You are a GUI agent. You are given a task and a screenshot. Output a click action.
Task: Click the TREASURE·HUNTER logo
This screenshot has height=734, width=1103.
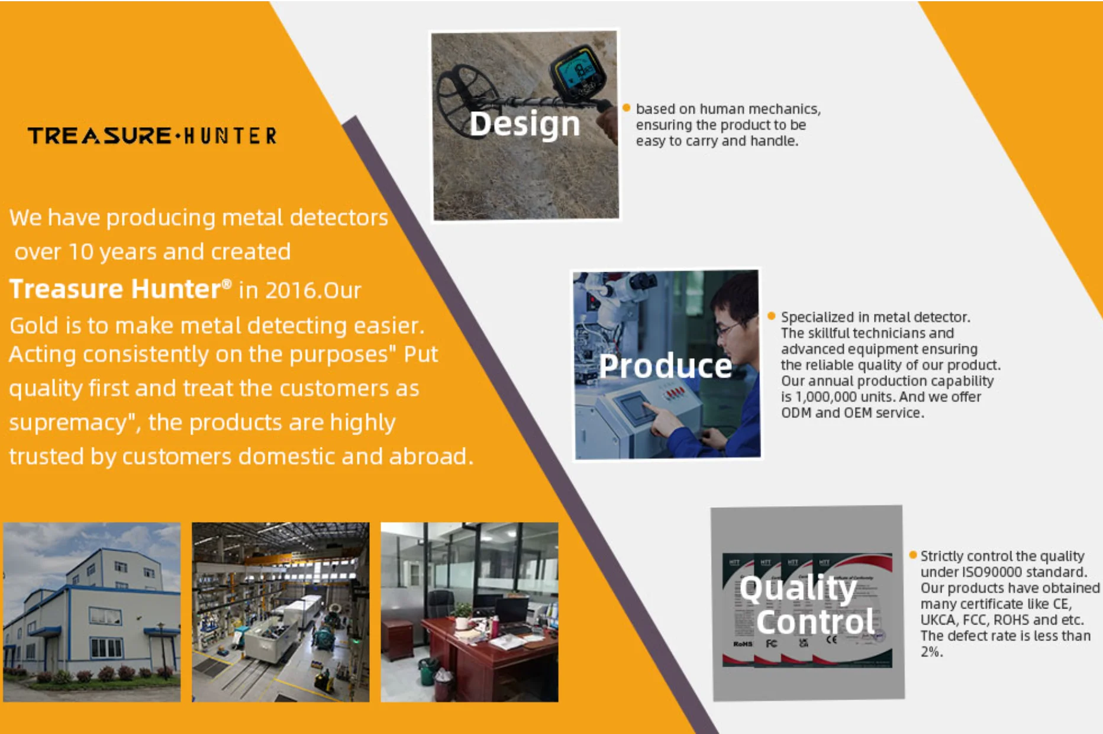pyautogui.click(x=152, y=136)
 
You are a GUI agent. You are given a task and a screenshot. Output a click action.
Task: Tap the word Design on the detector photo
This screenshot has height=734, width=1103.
pyautogui.click(x=524, y=124)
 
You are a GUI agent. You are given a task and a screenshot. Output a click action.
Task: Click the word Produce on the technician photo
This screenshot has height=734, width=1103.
pyautogui.click(x=665, y=366)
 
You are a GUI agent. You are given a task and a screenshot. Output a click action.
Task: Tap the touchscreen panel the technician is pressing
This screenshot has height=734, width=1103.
pyautogui.click(x=635, y=407)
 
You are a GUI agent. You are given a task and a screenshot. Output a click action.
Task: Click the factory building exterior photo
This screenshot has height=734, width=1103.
pyautogui.click(x=92, y=612)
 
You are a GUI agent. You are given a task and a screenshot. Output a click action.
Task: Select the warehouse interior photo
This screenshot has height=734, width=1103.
pyautogui.click(x=280, y=612)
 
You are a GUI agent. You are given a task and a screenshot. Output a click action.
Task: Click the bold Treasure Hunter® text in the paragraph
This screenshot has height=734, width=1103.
pyautogui.click(x=121, y=289)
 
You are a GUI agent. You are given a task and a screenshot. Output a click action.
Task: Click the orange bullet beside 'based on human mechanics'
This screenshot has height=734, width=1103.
pyautogui.click(x=626, y=108)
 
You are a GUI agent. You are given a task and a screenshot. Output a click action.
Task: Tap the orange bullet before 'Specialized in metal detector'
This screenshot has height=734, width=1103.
pyautogui.click(x=771, y=316)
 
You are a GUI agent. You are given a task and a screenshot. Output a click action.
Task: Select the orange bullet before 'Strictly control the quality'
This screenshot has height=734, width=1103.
pyautogui.click(x=913, y=555)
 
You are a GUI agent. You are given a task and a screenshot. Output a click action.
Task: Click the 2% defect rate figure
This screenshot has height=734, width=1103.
pyautogui.click(x=931, y=652)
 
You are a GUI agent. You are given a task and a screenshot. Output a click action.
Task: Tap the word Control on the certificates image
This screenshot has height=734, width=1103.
pyautogui.click(x=815, y=622)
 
